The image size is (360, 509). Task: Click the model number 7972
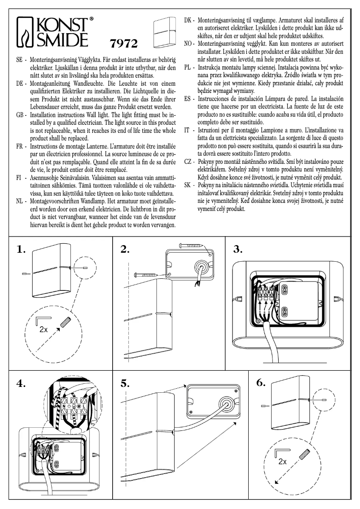[123, 44]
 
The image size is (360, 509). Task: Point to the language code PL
[189, 67]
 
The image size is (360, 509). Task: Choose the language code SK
[189, 185]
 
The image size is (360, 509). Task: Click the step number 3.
[238, 250]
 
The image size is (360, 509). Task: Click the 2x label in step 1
[43, 329]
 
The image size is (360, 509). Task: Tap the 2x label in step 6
[282, 461]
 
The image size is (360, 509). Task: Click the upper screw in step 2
[191, 245]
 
